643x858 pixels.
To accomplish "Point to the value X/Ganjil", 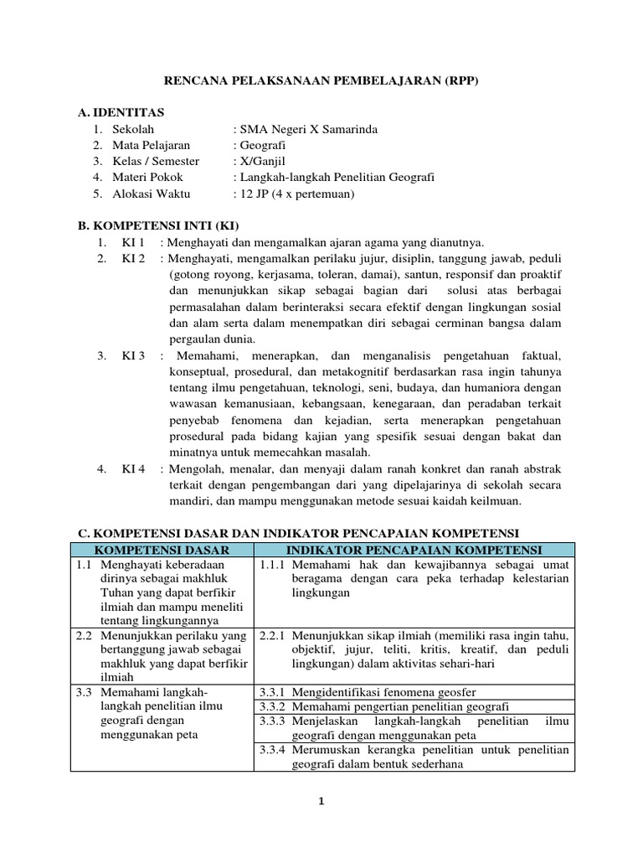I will click(x=260, y=161).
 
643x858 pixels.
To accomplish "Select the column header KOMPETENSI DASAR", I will click(x=161, y=550).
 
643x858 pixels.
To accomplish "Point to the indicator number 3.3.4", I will click(x=273, y=750).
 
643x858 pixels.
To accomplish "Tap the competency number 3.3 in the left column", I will click(x=84, y=692).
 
